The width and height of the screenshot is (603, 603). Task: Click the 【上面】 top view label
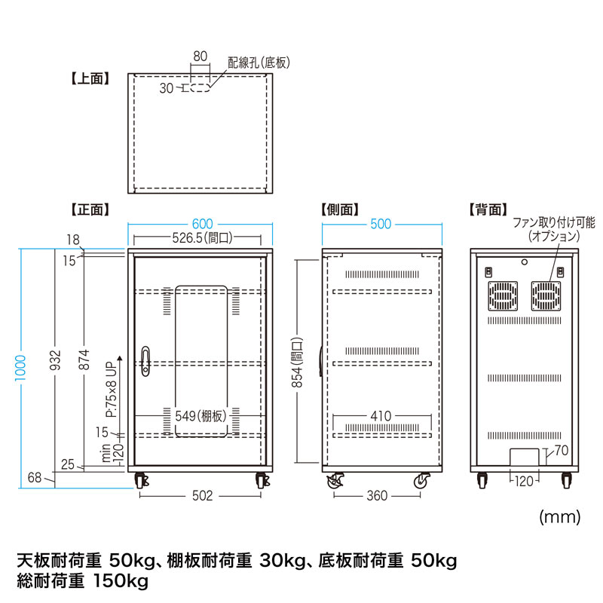pos(90,77)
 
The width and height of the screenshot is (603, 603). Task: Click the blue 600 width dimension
pos(201,224)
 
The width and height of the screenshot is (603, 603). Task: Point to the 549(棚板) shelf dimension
pos(200,415)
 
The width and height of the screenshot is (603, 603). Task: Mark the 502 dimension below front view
pos(200,495)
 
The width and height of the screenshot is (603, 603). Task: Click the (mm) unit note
pos(560,517)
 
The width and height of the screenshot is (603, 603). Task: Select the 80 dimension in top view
pos(200,56)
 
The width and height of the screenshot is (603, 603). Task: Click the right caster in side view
pos(423,481)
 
